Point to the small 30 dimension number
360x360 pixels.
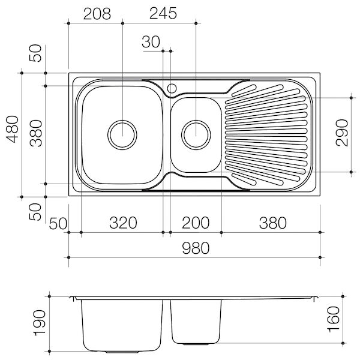152,41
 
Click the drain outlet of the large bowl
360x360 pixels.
122,133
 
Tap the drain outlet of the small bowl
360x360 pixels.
196,133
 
